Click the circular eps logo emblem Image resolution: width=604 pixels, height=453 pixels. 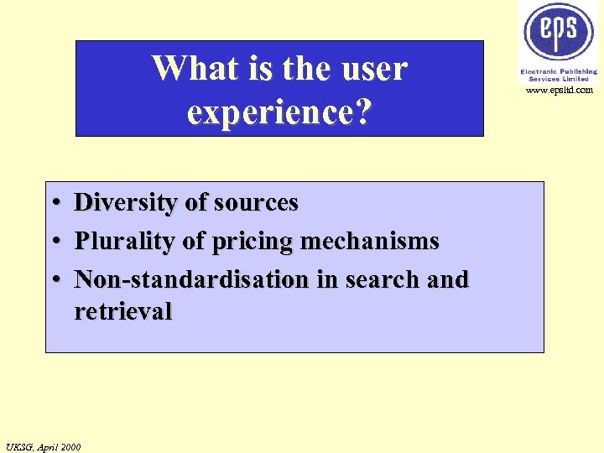[x=559, y=31]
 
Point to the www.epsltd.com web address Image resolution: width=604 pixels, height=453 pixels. [x=559, y=90]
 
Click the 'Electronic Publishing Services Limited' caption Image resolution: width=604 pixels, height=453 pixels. [x=559, y=75]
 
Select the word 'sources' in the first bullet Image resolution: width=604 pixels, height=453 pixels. [x=256, y=202]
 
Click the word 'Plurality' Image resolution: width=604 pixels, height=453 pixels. [x=125, y=241]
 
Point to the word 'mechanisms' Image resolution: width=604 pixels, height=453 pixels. [x=369, y=241]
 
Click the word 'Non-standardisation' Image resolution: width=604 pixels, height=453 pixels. [x=192, y=279]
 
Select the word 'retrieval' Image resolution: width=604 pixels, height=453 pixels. [x=122, y=311]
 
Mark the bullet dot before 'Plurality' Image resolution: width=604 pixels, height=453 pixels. [x=54, y=242]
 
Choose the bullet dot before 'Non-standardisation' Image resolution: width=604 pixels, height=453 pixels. [x=54, y=280]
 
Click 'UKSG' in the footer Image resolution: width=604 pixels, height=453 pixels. [x=19, y=446]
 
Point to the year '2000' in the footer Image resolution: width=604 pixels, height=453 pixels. [x=70, y=446]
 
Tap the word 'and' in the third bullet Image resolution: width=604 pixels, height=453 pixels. [x=447, y=279]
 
